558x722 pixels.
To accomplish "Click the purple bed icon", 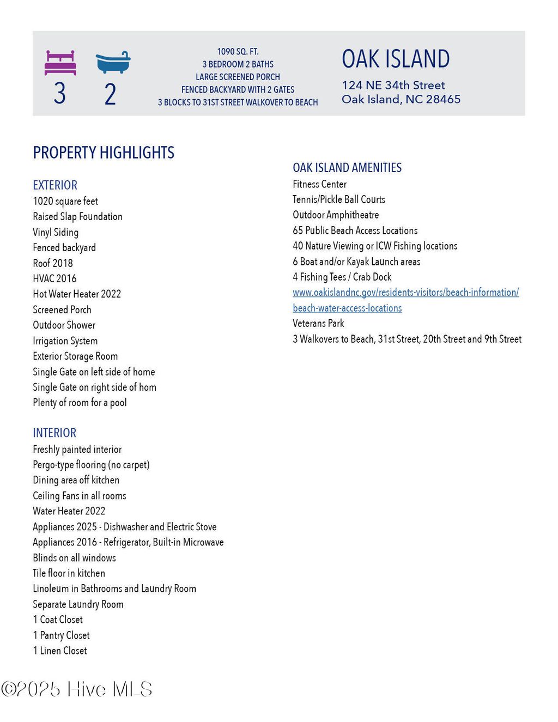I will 60,63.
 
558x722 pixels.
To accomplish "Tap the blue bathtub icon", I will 113,63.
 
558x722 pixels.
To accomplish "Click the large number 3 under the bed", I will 60,93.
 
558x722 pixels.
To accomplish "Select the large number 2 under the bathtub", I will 110,94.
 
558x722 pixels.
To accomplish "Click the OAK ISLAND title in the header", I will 396,59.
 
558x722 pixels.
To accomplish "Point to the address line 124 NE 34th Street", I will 393,85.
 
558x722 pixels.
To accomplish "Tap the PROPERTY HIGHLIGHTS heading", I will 104,153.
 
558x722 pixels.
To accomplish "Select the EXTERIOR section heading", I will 55,185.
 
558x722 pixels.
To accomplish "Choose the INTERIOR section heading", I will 54,433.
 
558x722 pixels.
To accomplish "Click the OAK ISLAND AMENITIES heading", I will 347,168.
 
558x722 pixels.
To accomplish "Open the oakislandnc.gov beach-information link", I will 405,293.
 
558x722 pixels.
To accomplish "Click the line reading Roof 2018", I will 53,263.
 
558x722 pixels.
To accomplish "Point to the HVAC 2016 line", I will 54,278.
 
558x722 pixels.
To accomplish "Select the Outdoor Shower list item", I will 64,325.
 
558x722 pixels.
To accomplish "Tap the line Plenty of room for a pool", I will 80,403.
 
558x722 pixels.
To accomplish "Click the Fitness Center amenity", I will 319,184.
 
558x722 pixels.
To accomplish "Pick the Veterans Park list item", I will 318,323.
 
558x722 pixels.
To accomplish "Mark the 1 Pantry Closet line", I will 61,635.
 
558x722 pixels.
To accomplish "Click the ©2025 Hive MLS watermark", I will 76,689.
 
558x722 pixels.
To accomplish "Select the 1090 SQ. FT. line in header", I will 238,52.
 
